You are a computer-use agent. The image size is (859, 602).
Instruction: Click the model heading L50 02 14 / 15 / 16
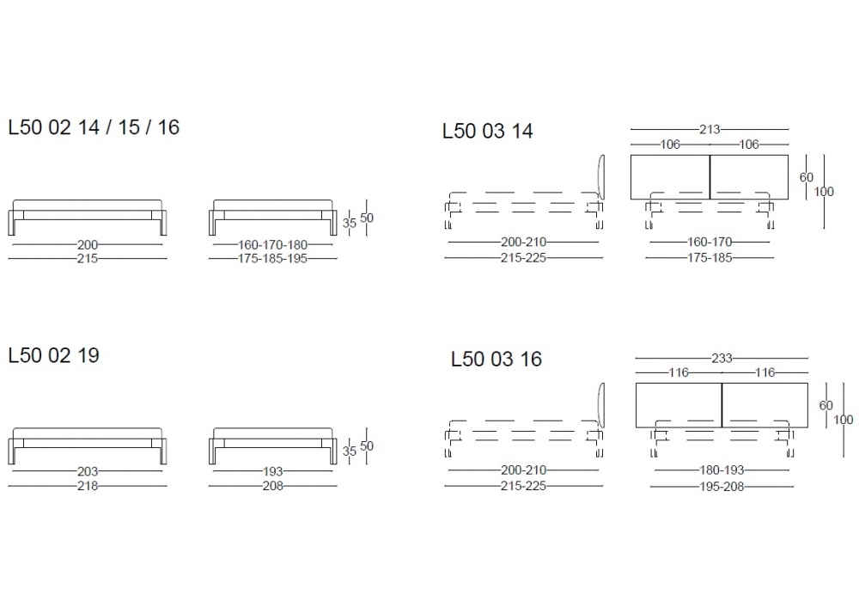coord(94,127)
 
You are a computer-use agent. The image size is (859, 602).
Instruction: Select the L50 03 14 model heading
coord(488,131)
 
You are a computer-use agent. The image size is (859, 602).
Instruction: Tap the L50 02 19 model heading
coord(53,355)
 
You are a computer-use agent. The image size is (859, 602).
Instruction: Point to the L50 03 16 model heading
coord(497,359)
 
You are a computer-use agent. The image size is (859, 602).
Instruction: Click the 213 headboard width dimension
coord(710,129)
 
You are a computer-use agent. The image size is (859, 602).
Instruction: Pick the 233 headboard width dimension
coord(722,358)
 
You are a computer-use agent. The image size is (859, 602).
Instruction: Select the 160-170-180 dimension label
coord(273,244)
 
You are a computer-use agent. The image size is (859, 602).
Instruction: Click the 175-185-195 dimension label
coord(273,258)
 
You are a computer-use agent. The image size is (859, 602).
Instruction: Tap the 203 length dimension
coord(88,471)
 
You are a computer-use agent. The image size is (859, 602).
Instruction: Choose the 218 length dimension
coord(88,486)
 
